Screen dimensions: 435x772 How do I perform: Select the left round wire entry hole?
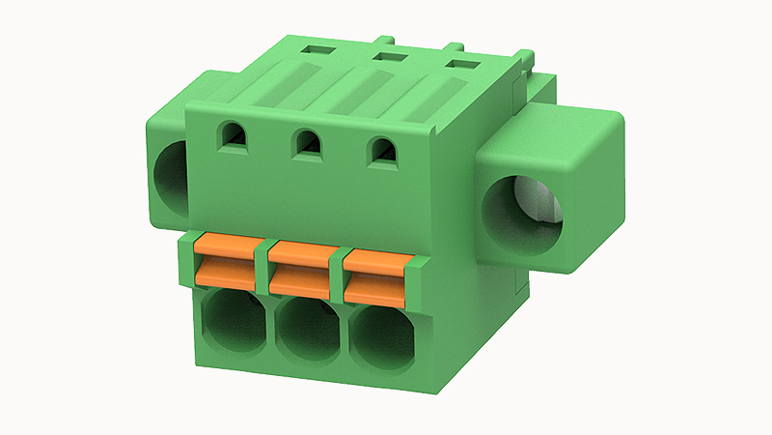[234, 324]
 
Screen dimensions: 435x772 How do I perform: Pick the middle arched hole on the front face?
[308, 145]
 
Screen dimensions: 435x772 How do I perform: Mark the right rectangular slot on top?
[459, 65]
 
